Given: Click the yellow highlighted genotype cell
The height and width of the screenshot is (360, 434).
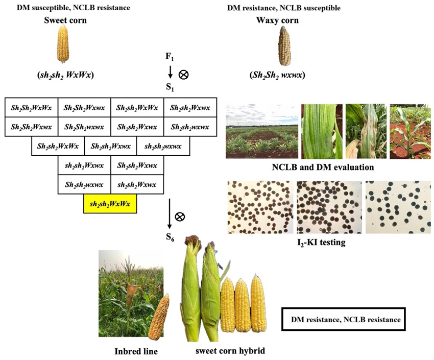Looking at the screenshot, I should tap(110, 204).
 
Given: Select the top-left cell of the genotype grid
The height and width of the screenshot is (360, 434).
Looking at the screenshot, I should tap(31, 107).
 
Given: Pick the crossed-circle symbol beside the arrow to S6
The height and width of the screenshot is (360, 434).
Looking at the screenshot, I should tap(179, 217).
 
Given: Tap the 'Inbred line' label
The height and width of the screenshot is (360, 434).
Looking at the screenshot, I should tap(135, 351).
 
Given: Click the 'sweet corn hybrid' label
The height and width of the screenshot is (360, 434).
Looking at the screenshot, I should tap(230, 351).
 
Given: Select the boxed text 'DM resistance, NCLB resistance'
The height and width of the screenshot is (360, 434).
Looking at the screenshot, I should tap(346, 320).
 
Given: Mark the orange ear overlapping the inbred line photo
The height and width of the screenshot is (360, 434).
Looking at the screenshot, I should tap(159, 317).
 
